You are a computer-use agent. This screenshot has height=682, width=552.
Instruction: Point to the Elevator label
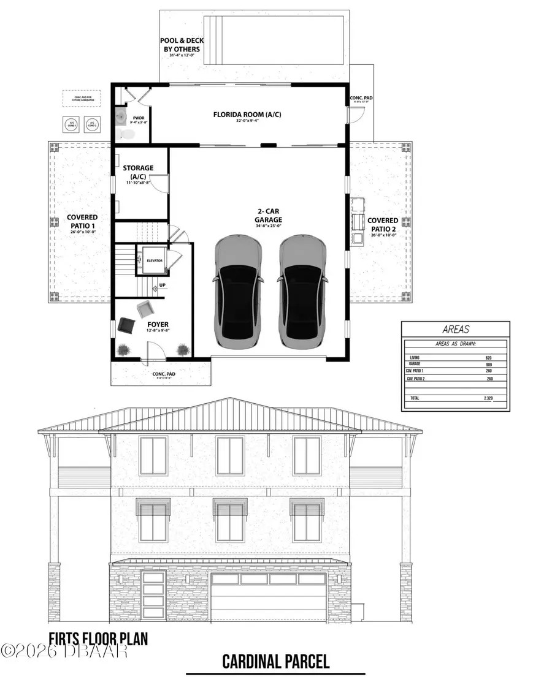pyautogui.click(x=155, y=260)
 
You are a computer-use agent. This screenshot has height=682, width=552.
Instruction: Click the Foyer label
pyautogui.click(x=158, y=324)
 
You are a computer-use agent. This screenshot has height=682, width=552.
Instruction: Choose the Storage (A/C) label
pyautogui.click(x=137, y=172)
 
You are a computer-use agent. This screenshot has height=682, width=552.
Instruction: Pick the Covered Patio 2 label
pyautogui.click(x=382, y=224)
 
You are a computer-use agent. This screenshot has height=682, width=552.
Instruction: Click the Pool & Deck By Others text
pyautogui.click(x=182, y=45)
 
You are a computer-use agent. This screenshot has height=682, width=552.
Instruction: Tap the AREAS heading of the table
pyautogui.click(x=454, y=328)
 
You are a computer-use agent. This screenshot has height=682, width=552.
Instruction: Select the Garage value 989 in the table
pyautogui.click(x=488, y=364)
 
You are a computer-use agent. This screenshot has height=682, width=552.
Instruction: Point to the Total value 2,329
pyautogui.click(x=486, y=398)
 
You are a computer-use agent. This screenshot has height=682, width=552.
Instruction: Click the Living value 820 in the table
pyautogui.click(x=488, y=357)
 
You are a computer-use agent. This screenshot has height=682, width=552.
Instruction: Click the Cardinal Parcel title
pyautogui.click(x=275, y=661)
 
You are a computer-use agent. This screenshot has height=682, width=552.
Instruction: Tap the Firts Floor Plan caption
pyautogui.click(x=98, y=639)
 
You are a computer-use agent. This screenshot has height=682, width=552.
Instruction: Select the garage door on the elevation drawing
pyautogui.click(x=267, y=596)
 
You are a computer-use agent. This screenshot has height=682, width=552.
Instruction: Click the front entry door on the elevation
pyautogui.click(x=152, y=596)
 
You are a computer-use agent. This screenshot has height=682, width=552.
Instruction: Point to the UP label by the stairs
pyautogui.click(x=162, y=286)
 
